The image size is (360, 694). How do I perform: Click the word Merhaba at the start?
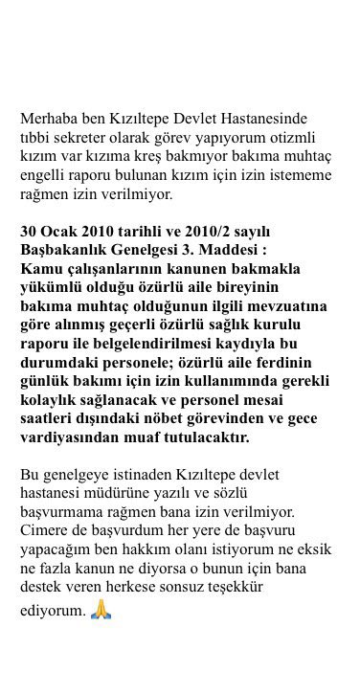coord(49,119)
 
